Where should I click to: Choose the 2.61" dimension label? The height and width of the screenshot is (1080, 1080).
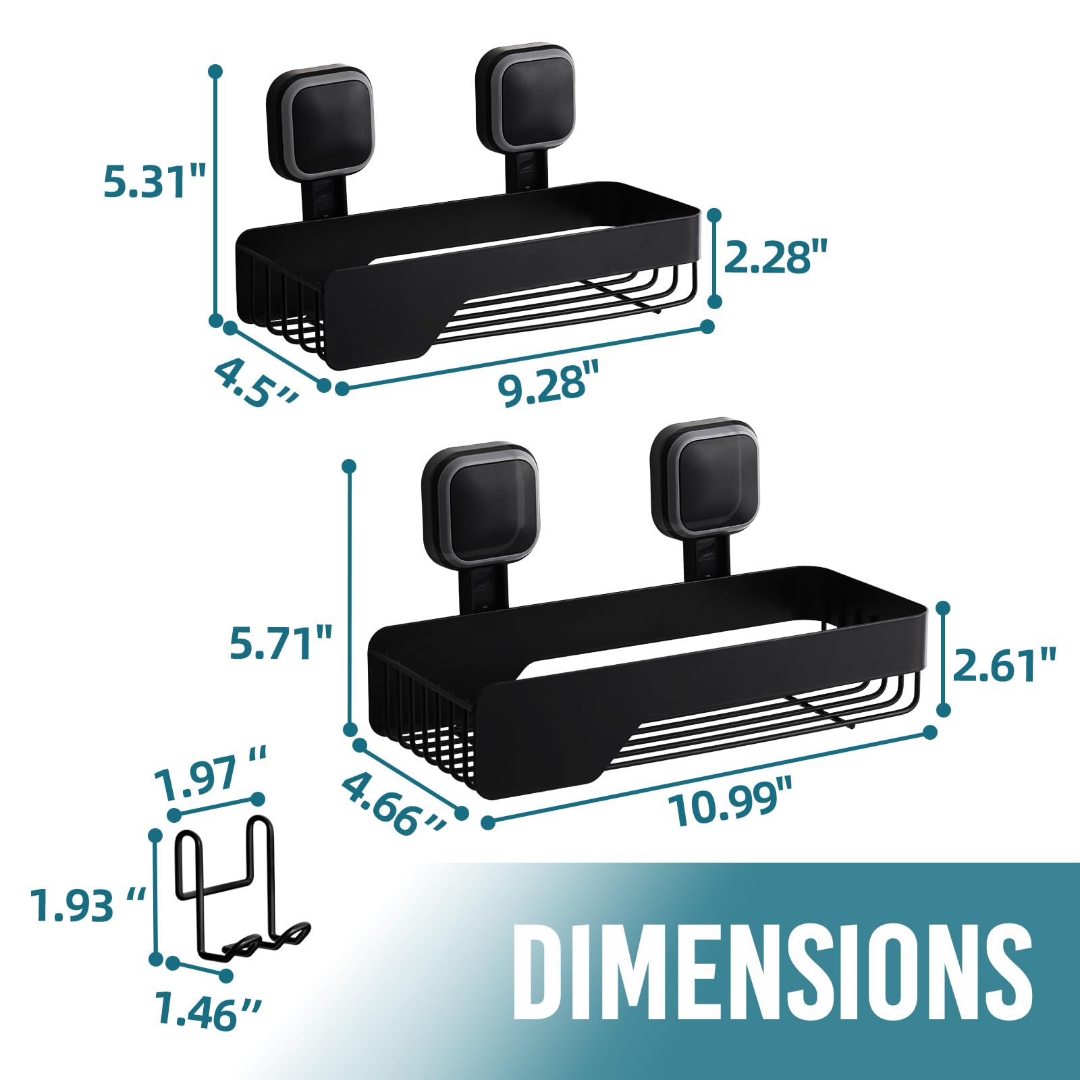click(1004, 665)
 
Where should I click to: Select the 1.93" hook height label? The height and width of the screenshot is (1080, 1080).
click(88, 905)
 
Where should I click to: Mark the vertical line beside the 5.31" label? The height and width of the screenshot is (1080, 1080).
click(216, 196)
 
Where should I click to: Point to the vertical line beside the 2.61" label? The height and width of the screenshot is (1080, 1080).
click(944, 659)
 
